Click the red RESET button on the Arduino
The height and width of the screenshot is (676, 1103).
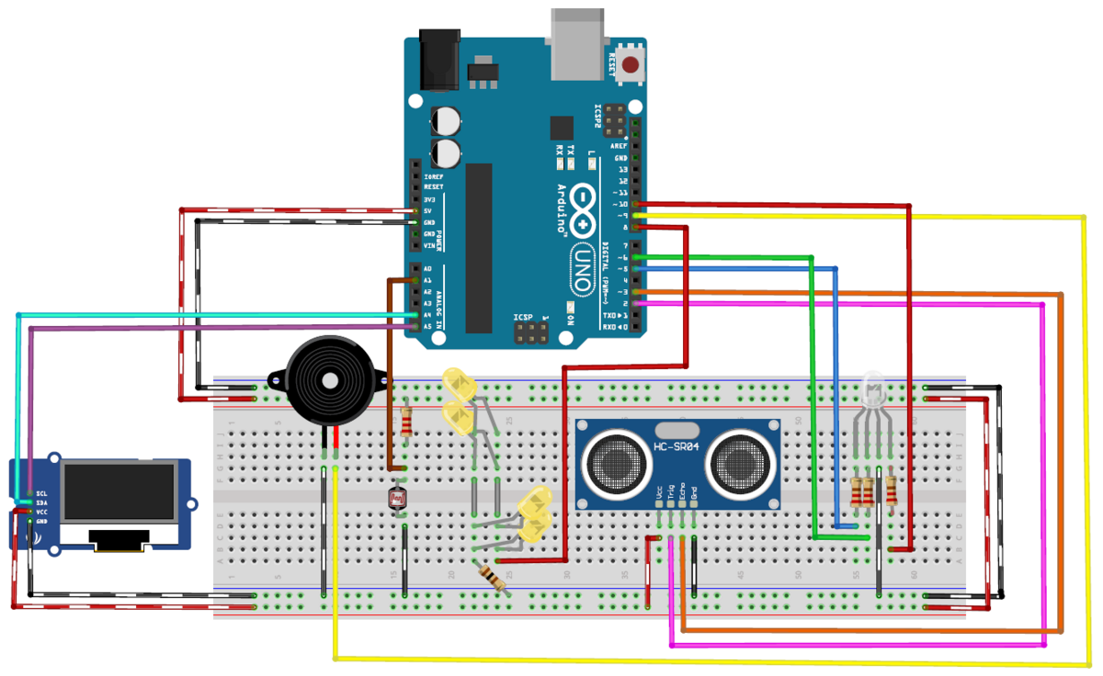pyautogui.click(x=631, y=64)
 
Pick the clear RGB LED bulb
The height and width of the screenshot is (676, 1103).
pyautogui.click(x=872, y=389)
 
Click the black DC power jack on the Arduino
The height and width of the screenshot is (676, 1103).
pyautogui.click(x=438, y=59)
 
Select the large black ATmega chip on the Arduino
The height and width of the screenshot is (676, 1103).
pyautogui.click(x=479, y=248)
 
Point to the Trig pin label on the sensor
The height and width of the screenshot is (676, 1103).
pyautogui.click(x=671, y=492)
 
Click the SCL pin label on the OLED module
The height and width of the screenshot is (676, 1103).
pyautogui.click(x=42, y=493)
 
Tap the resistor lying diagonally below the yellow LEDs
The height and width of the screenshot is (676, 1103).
pyautogui.click(x=494, y=578)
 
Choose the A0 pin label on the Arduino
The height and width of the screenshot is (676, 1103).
pyautogui.click(x=427, y=268)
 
